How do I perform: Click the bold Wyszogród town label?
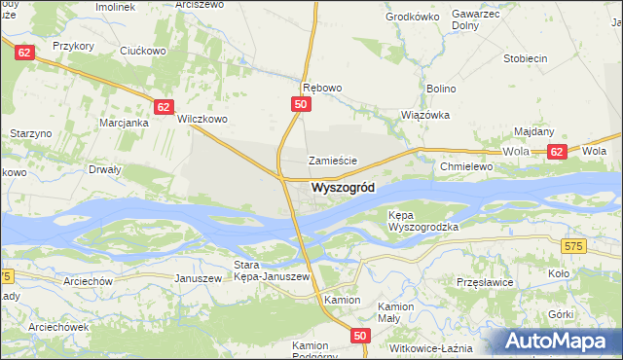point(342,188)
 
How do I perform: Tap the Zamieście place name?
point(334,161)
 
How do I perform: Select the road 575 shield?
point(573,248)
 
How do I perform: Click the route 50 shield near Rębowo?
point(301,104)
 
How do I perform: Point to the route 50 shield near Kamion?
point(360,336)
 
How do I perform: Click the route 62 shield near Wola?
point(556,152)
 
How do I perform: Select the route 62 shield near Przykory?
point(24,51)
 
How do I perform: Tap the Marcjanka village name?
point(124,123)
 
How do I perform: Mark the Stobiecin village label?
point(525,58)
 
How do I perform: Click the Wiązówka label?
point(425,114)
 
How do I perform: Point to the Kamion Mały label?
point(396,312)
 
